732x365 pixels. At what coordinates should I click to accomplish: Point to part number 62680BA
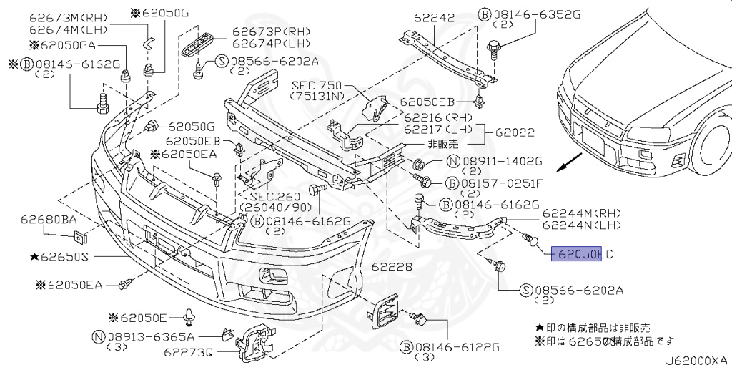48,220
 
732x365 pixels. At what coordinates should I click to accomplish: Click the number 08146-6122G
450,346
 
